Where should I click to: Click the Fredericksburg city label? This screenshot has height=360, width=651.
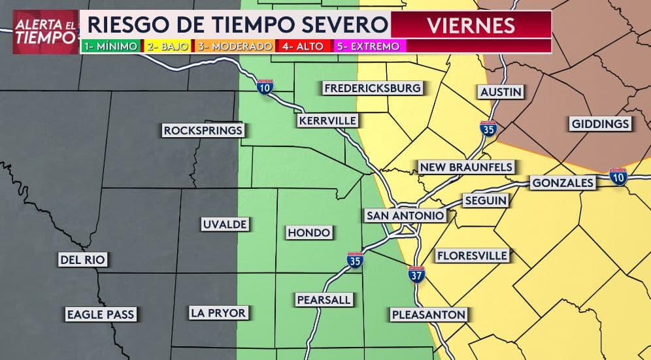click(x=373, y=88)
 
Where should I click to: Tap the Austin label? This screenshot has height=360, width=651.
click(x=501, y=92)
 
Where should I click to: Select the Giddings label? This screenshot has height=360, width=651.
click(x=600, y=123)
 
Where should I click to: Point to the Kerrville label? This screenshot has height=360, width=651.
click(x=327, y=121)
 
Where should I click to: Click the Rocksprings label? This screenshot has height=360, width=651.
click(x=203, y=131)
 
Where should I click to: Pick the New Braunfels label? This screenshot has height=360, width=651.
click(x=466, y=167)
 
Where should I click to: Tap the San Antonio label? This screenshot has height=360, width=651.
click(x=405, y=216)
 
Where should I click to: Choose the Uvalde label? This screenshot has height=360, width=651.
click(x=224, y=224)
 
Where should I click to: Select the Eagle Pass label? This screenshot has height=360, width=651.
click(x=101, y=314)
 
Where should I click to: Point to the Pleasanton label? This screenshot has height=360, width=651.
click(x=428, y=315)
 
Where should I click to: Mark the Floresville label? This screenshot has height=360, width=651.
click(x=472, y=255)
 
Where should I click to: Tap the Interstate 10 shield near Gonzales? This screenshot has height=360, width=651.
click(x=618, y=176)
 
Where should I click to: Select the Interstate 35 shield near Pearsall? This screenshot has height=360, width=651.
click(x=354, y=261)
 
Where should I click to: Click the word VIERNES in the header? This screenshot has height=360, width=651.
click(x=471, y=25)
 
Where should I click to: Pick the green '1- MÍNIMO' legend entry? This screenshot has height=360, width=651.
click(x=110, y=46)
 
